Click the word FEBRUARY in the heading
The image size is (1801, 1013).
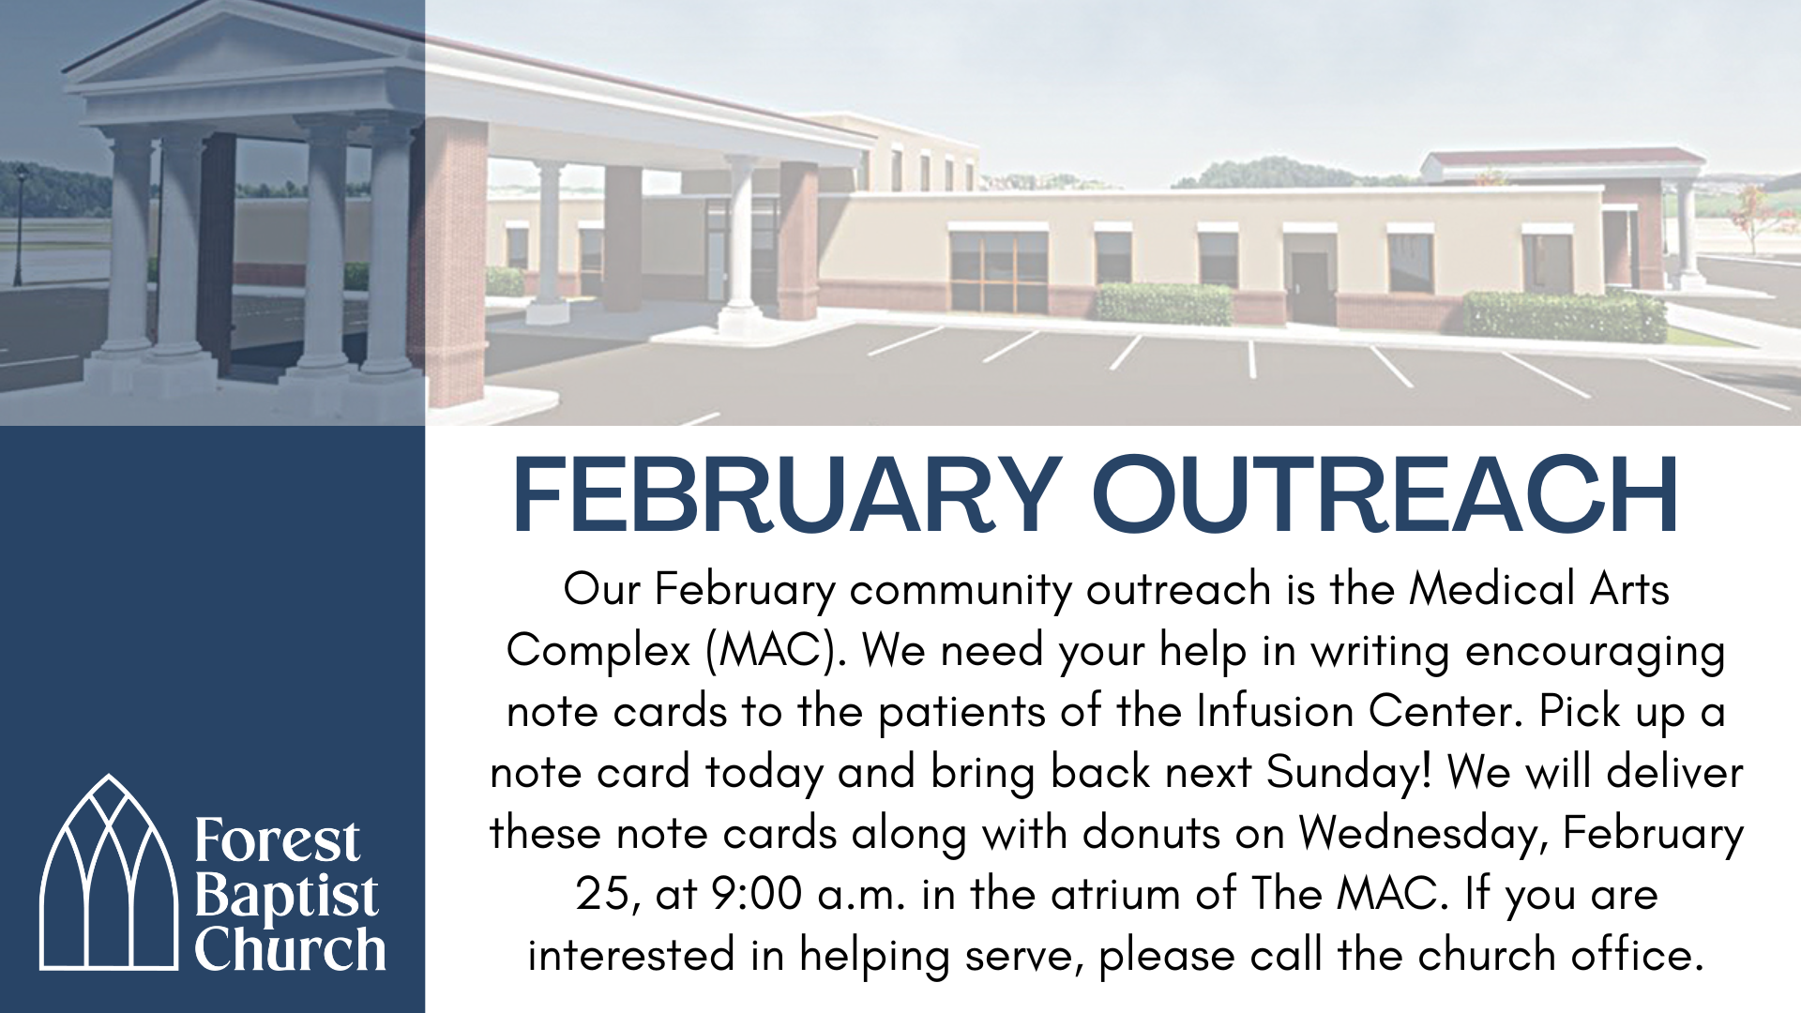point(786,495)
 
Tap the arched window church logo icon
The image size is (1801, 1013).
point(109,874)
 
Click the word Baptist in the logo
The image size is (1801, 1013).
point(286,896)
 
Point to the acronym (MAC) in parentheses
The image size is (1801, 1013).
point(776,650)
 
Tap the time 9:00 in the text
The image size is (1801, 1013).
point(756,894)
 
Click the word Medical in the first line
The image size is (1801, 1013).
point(1491,589)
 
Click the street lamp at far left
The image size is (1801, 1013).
point(20,225)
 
